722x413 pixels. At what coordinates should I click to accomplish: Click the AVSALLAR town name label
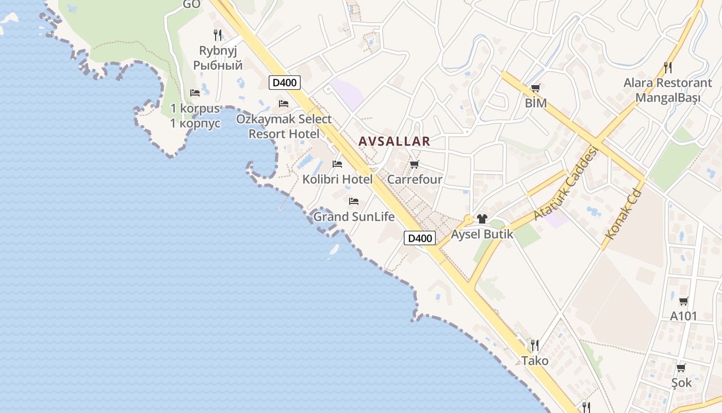[x=394, y=141]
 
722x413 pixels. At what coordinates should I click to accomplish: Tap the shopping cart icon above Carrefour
[x=414, y=165]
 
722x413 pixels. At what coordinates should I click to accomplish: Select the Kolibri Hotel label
[x=337, y=180]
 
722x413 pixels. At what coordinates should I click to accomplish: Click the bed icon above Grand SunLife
[x=354, y=201]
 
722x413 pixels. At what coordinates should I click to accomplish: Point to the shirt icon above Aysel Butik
[x=482, y=219]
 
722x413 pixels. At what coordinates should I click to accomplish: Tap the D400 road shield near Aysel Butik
[x=420, y=238]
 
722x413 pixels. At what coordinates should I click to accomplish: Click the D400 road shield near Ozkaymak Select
[x=285, y=83]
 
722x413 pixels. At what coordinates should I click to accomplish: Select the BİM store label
[x=535, y=103]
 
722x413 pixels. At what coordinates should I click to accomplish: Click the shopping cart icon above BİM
[x=535, y=88]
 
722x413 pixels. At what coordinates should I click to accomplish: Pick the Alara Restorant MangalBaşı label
[x=667, y=90]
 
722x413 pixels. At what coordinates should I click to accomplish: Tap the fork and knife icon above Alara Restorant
[x=668, y=67]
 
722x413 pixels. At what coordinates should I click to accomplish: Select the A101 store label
[x=683, y=316]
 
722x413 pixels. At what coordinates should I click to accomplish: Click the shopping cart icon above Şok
[x=681, y=368]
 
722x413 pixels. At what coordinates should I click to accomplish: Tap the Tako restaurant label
[x=535, y=360]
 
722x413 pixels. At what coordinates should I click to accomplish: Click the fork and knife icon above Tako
[x=535, y=345]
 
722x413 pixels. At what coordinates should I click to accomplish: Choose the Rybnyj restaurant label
[x=218, y=58]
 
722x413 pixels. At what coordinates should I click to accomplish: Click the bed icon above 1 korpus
[x=195, y=93]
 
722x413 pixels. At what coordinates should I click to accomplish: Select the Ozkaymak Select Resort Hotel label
[x=284, y=126]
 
